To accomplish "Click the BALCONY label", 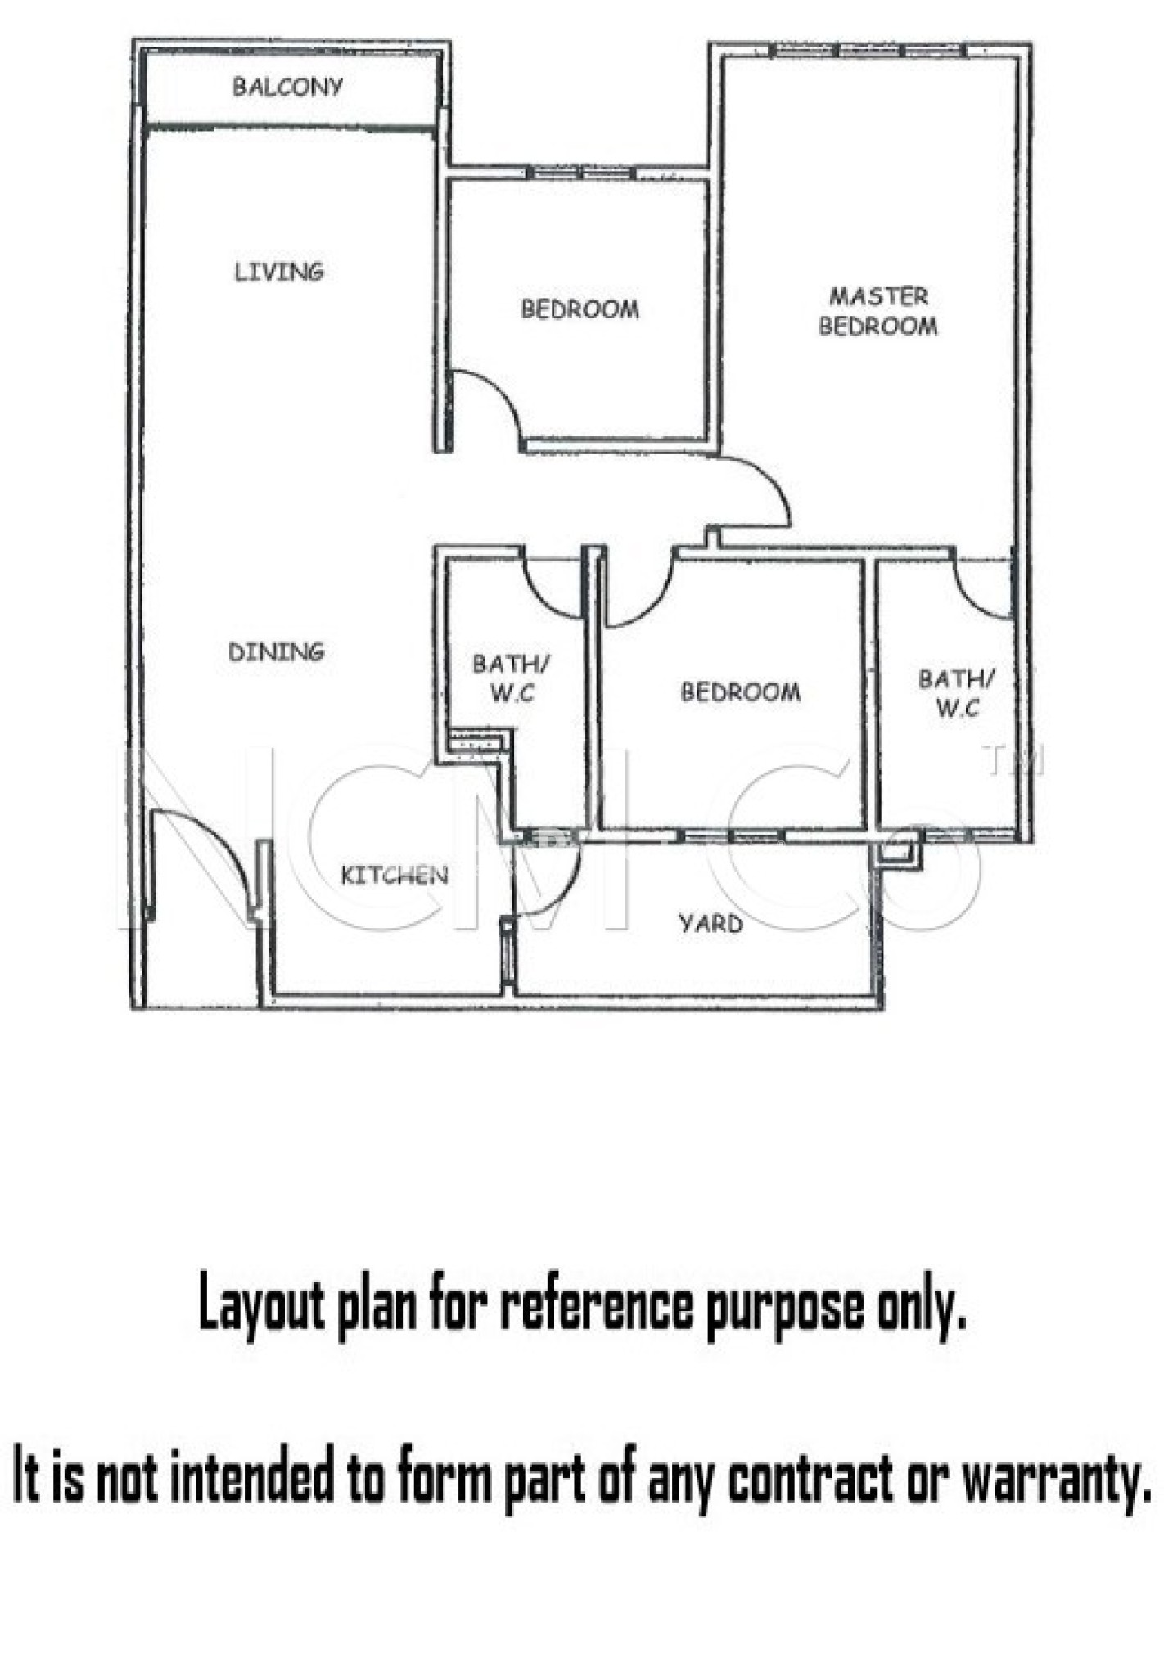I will (287, 87).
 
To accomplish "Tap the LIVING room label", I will (278, 272).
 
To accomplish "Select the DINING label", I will (276, 652).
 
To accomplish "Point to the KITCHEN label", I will (395, 876).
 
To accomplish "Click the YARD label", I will (711, 924).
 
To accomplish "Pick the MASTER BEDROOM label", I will (878, 311).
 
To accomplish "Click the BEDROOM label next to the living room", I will (580, 309).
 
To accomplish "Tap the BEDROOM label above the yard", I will (741, 692).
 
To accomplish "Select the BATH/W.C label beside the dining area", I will (511, 678).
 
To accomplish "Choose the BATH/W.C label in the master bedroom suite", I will (957, 693).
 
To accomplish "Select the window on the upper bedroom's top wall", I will (580, 173).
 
